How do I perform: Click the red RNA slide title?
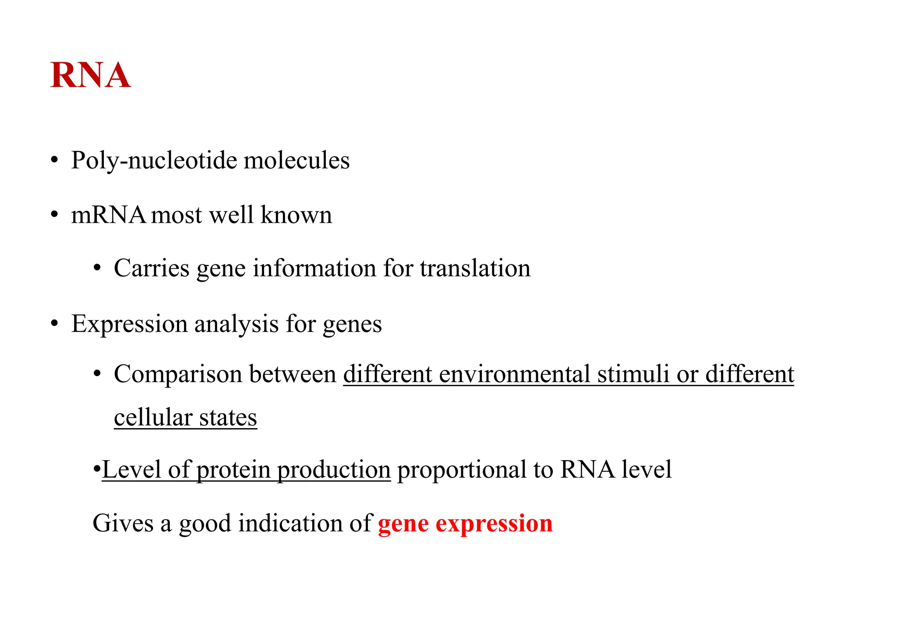point(91,75)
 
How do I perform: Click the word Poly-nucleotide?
point(154,161)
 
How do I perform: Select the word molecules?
point(297,160)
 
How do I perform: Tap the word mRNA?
point(108,215)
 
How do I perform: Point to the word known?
point(296,215)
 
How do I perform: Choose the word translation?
point(475,268)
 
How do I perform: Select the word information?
point(314,268)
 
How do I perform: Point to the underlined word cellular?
point(153,418)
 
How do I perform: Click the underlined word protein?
point(233,470)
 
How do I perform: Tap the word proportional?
point(461,470)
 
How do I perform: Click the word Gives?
point(123,524)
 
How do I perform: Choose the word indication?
point(290,524)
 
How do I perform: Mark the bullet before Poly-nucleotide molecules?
point(54,161)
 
